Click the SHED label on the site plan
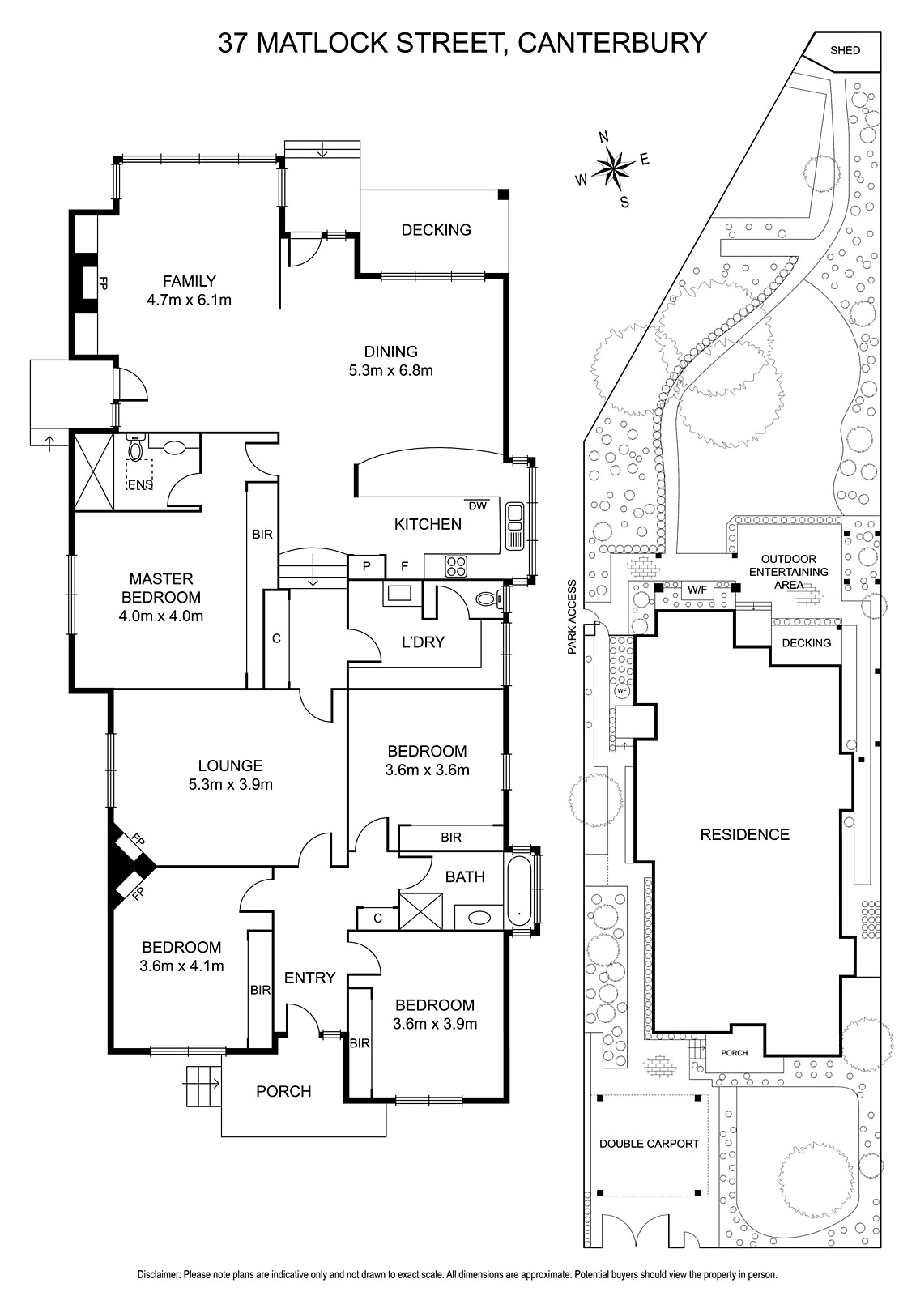coord(845,50)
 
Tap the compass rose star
coord(613,168)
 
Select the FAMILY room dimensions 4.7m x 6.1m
coord(190,300)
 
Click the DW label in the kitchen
coord(477,505)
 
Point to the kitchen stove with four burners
coord(456,566)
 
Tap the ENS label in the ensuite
coord(140,485)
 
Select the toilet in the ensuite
coord(134,448)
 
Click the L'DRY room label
coord(423,642)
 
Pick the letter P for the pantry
coord(366,566)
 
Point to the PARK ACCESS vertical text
coord(573,616)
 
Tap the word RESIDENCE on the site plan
coord(745,834)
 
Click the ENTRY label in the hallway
coord(309,977)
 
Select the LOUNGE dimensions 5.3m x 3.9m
coord(230,785)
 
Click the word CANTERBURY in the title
coord(612,43)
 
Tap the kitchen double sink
coord(514,526)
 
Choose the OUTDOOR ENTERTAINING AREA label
coord(789,572)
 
